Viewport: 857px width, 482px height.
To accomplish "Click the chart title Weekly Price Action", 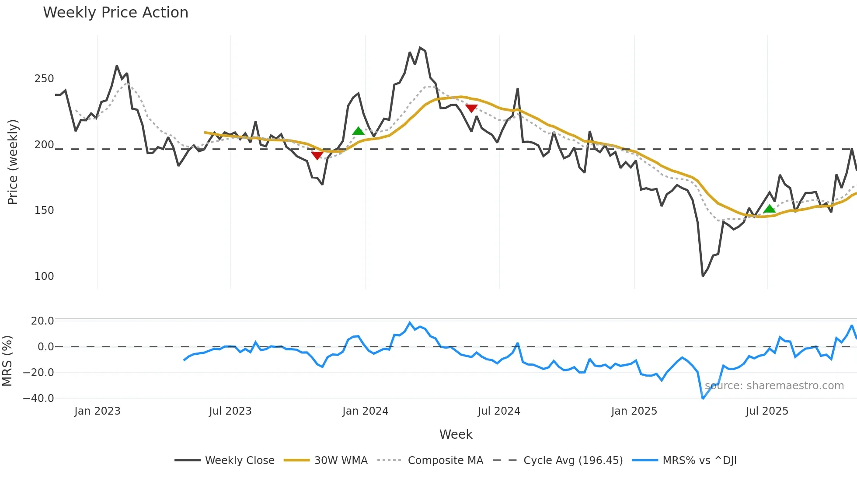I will pos(115,13).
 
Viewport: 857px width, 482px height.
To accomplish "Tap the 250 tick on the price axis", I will pos(44,79).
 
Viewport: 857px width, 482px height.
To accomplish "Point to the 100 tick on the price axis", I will pos(44,276).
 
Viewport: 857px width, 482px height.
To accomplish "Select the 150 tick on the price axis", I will pos(44,210).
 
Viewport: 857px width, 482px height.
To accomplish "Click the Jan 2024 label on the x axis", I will pos(365,411).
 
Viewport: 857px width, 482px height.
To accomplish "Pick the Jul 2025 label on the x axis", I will pos(767,411).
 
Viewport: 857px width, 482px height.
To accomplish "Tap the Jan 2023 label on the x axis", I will pos(97,411).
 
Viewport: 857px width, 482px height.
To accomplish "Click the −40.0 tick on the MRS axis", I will pos(38,398).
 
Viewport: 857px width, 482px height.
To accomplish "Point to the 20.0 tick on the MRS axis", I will pos(42,321).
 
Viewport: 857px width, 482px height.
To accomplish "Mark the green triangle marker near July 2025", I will pos(770,209).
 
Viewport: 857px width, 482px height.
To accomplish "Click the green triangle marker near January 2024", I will pos(358,131).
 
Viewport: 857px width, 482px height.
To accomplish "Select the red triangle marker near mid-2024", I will pos(471,108).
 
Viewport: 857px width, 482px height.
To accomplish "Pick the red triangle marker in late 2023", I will pos(317,155).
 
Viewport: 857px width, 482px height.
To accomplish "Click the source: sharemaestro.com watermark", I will pos(774,386).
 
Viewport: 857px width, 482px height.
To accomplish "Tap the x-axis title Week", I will pos(456,434).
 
